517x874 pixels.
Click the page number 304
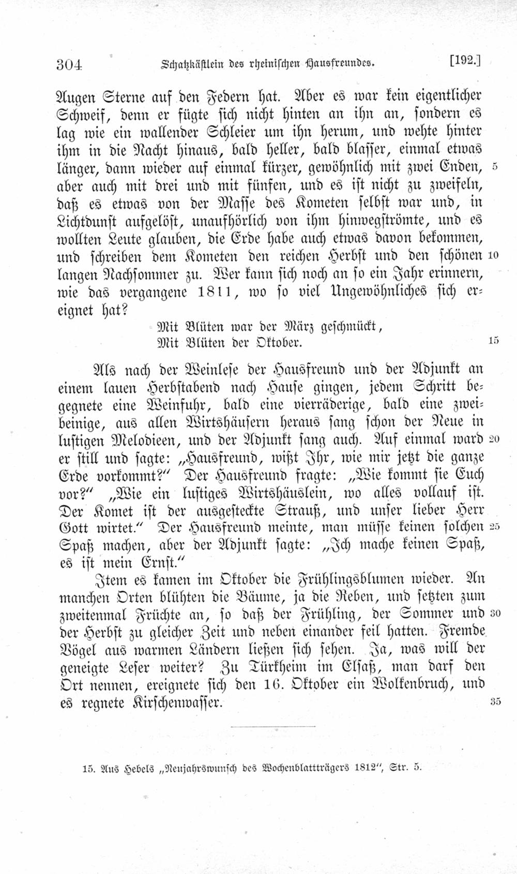(x=70, y=65)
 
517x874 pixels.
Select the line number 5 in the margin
(x=495, y=167)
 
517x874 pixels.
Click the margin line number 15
(x=493, y=341)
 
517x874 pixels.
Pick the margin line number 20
(x=493, y=439)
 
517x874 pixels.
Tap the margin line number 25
(x=494, y=526)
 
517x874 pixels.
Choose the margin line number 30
(x=494, y=613)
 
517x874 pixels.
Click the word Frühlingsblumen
(x=356, y=579)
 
